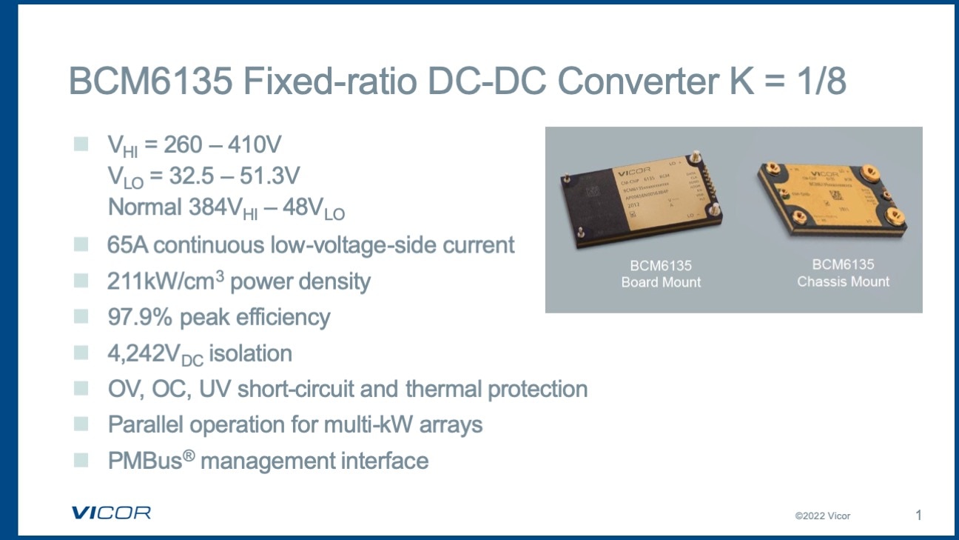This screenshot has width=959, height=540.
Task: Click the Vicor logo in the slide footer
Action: pos(111,513)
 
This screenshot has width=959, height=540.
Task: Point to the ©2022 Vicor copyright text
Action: pos(823,516)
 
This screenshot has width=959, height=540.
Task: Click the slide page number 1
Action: pos(918,515)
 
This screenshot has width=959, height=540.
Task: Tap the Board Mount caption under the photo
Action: pos(661,282)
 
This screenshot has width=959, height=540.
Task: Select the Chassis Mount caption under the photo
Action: pos(844,281)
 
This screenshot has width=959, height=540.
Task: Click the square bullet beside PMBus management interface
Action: pos(81,460)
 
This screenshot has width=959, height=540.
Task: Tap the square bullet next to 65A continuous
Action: pos(81,244)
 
